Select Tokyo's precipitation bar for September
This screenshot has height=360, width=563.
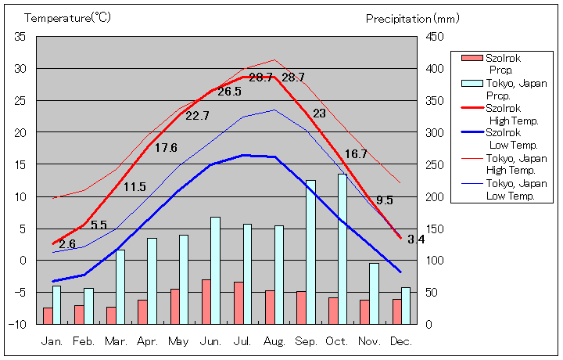[310, 252]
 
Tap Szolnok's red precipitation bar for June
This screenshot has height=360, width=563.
[206, 301]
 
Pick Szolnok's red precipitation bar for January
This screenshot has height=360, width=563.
[48, 315]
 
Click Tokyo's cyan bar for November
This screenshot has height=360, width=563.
[375, 293]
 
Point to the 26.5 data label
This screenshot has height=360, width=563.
[229, 92]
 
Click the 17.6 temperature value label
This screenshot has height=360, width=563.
[166, 148]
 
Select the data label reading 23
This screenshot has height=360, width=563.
[319, 113]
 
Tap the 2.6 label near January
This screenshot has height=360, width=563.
[67, 244]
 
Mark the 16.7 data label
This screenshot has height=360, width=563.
[355, 154]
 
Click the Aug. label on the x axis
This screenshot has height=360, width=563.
[274, 341]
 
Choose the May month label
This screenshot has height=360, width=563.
[178, 341]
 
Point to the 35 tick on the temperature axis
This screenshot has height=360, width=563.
[20, 37]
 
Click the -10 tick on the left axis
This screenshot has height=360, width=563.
[19, 323]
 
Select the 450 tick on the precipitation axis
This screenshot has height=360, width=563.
[434, 37]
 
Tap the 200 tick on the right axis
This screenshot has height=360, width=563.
[434, 196]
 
